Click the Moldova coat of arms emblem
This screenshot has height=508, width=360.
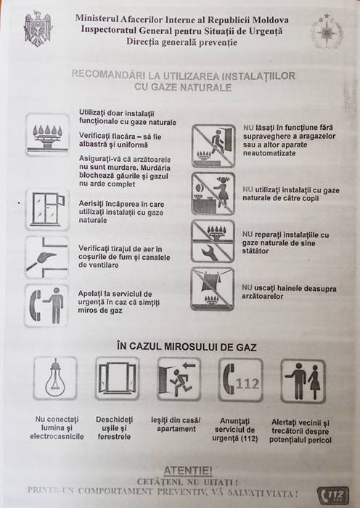pos(38,29)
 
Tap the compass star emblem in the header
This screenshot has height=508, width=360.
pos(327,31)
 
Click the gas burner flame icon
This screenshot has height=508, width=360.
pos(47,135)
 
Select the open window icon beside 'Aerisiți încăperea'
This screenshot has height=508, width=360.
pos(47,210)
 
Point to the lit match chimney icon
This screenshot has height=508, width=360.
pos(47,257)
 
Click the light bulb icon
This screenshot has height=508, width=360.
pos(55,378)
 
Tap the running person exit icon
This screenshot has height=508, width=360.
pos(179,379)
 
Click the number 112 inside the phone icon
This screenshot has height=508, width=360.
pos(247,384)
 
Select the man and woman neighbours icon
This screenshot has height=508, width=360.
pos(303,381)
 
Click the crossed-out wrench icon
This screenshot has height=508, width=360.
pos(213,242)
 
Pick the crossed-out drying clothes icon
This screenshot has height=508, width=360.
pos(213,289)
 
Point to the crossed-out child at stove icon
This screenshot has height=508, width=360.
pos(213,194)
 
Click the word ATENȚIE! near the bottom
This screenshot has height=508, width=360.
pos(188,470)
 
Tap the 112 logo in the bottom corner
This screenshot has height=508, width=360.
pos(333,496)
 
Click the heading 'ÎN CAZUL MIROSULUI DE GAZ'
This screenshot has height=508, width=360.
pos(187,347)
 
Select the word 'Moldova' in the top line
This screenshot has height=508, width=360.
pos(271,20)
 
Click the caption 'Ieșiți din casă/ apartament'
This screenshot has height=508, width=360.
pos(176,425)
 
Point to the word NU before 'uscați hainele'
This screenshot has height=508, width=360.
pos(247,287)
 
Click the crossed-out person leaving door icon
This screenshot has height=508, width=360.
pos(213,146)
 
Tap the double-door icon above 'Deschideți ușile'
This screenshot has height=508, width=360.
pos(117,378)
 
